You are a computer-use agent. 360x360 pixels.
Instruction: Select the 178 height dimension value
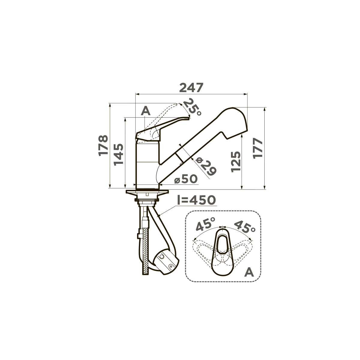(x=103, y=145)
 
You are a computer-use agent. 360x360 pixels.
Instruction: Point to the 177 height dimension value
(x=258, y=148)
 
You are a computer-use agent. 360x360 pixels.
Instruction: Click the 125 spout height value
(x=235, y=162)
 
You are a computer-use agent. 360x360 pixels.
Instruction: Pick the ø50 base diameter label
(x=186, y=179)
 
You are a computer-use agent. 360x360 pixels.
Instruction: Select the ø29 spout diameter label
(x=206, y=166)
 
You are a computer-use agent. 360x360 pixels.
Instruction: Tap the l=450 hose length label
(x=196, y=200)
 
